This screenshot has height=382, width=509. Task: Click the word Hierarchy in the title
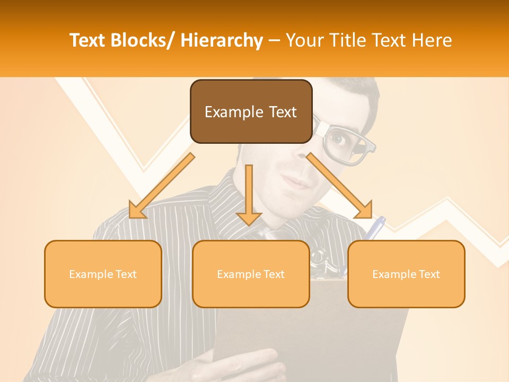pos(222,40)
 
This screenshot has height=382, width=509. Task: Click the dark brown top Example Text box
pos(251,112)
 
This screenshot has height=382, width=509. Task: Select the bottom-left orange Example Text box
pos(103,274)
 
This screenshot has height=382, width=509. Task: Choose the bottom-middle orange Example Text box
pos(251,274)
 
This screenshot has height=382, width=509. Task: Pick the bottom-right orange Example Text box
pos(406,274)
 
